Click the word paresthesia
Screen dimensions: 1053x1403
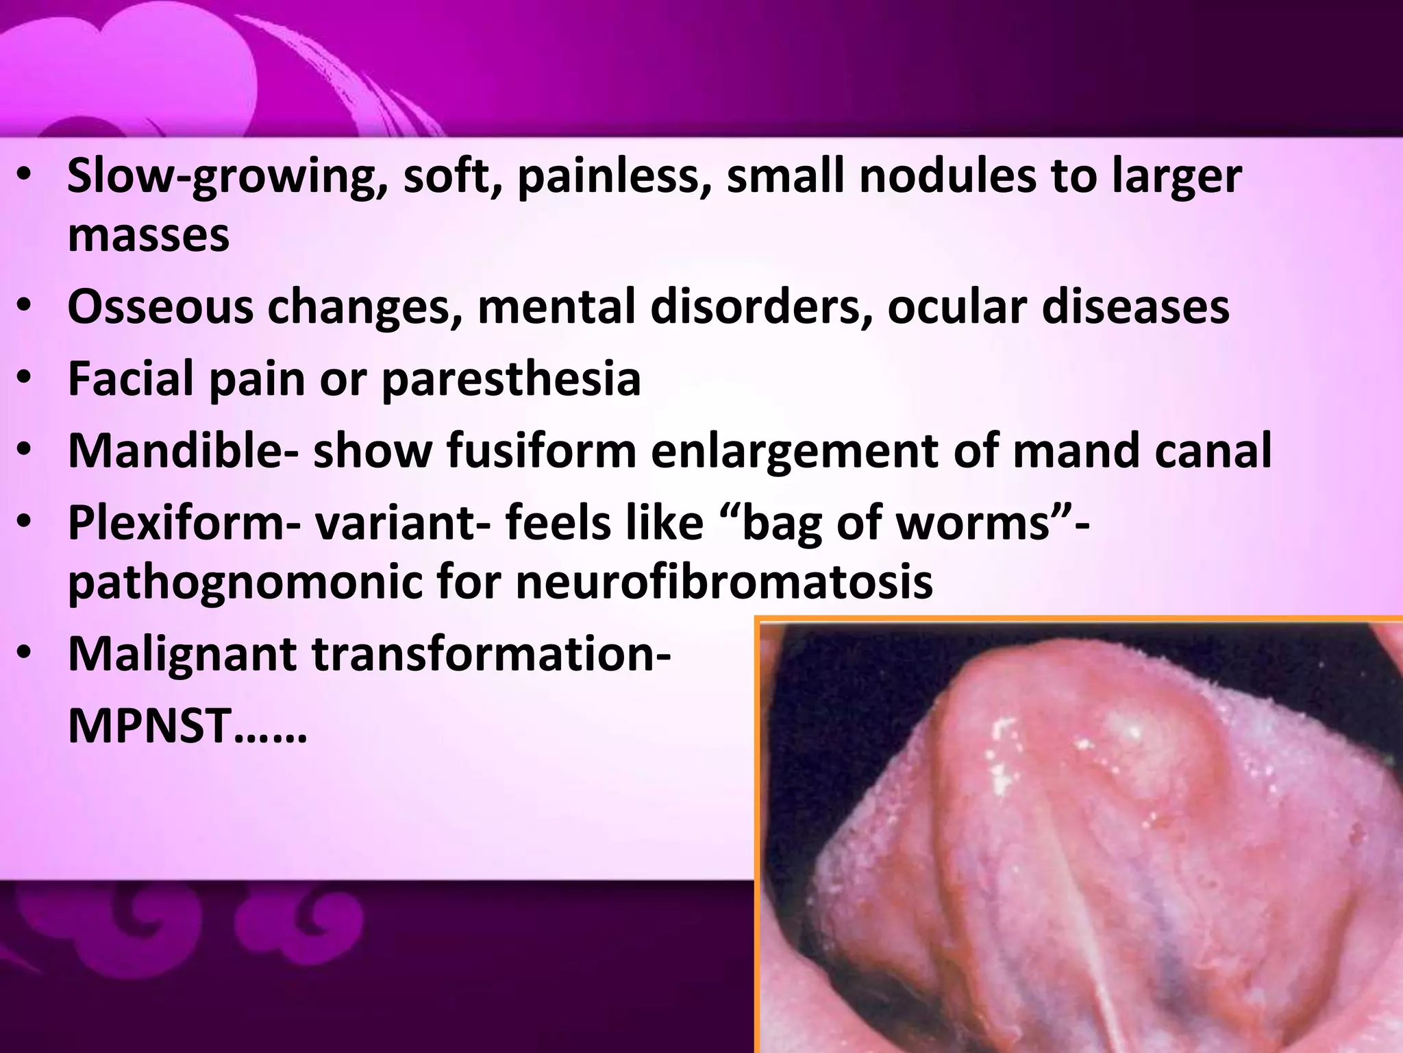point(510,379)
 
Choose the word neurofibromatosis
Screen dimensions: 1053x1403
point(723,581)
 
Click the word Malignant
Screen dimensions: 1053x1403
point(182,654)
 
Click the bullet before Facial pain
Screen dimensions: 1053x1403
point(25,379)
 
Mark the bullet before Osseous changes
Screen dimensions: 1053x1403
point(25,306)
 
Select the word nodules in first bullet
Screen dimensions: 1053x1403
point(948,176)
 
